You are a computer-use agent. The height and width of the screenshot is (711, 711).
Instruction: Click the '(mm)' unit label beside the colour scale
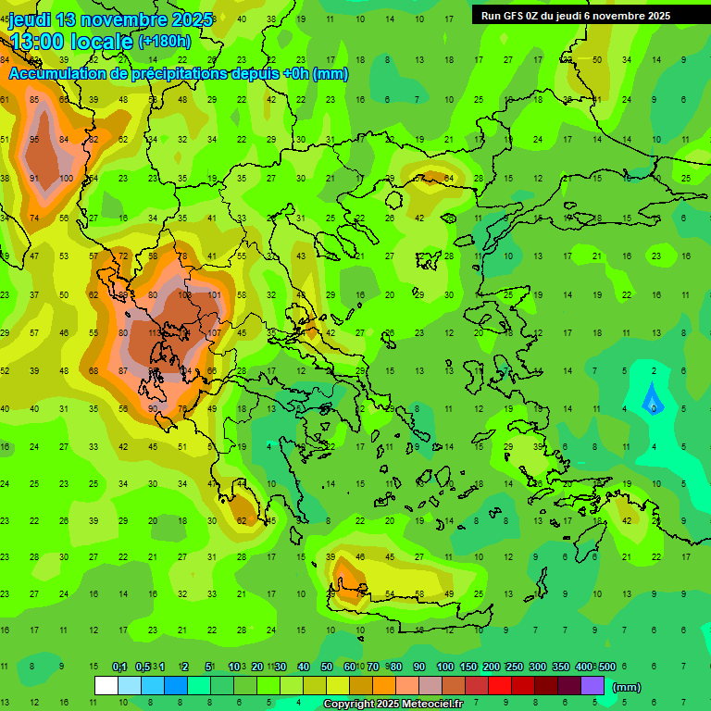pyautogui.click(x=627, y=687)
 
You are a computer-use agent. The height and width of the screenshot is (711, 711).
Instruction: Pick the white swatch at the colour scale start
pyautogui.click(x=106, y=686)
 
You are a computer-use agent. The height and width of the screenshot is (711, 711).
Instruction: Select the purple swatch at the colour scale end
pyautogui.click(x=592, y=686)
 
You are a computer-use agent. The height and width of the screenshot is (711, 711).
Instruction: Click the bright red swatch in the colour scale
pyautogui.click(x=500, y=686)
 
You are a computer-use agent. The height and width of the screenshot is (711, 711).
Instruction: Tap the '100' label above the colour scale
pyautogui.click(x=444, y=667)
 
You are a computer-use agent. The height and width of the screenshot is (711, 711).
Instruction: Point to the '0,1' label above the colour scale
pyautogui.click(x=119, y=667)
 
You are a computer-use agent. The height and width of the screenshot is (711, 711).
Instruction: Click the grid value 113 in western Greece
pyautogui.click(x=155, y=333)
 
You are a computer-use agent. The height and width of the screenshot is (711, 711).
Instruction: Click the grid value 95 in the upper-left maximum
pyautogui.click(x=34, y=140)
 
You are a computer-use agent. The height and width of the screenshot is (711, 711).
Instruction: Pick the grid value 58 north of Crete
pyautogui.click(x=419, y=594)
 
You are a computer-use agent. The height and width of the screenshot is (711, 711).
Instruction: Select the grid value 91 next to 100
pyautogui.click(x=34, y=179)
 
